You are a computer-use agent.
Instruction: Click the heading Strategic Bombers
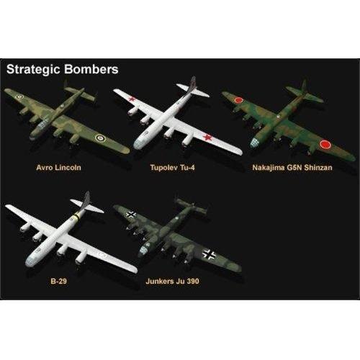[x=63, y=69]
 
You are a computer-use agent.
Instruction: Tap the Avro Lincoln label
[x=58, y=167]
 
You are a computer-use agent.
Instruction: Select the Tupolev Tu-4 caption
[x=172, y=167]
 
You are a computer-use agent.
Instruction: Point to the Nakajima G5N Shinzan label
[x=292, y=167]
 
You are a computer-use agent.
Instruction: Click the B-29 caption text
[x=58, y=281]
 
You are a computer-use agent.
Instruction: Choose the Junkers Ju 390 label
[x=172, y=281]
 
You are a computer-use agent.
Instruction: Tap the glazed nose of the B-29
[x=30, y=261]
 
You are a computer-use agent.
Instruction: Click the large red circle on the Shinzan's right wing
[x=325, y=145]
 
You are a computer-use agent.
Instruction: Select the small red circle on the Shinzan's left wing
[x=238, y=100]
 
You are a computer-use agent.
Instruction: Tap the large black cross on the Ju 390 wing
[x=209, y=254]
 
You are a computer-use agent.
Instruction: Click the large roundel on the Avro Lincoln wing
[x=99, y=138]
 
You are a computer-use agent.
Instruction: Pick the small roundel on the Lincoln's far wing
[x=19, y=97]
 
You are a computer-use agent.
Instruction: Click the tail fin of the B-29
[x=86, y=200]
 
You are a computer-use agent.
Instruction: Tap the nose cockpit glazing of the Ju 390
[x=143, y=250]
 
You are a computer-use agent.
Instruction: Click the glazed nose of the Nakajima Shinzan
[x=254, y=143]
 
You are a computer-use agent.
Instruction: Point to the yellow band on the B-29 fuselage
[x=76, y=216]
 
